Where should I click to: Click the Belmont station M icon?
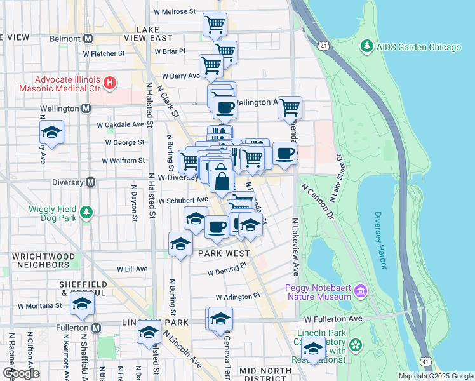coord(88,39)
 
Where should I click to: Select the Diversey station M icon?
coord(90,182)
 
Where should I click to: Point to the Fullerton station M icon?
coord(96,328)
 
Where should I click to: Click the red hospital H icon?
coord(110,83)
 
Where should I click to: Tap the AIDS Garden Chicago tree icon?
coord(366,47)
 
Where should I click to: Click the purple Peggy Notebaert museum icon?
coord(361,291)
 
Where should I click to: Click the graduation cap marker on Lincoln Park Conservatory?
coord(312,348)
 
